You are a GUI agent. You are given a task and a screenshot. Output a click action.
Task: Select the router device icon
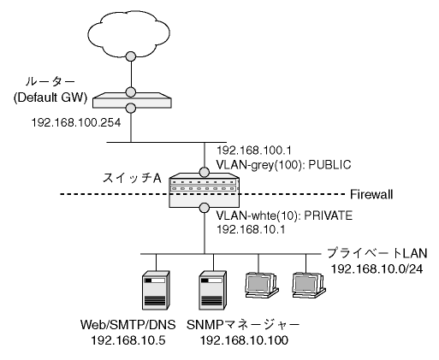pyautogui.click(x=133, y=100)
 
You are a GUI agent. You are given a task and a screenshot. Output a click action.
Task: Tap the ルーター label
pyautogui.click(x=50, y=82)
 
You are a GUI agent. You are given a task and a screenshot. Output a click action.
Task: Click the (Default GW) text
pyautogui.click(x=50, y=97)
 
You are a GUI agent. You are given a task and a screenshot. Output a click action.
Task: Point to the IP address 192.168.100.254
pyautogui.click(x=76, y=122)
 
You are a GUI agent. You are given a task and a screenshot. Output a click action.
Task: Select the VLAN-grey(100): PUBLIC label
pyautogui.click(x=283, y=165)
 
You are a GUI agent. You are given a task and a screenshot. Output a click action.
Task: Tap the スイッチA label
pyautogui.click(x=132, y=179)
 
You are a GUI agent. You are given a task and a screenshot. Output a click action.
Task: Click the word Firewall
pyautogui.click(x=371, y=194)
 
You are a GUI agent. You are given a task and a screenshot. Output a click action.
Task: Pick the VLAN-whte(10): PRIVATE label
pyautogui.click(x=284, y=215)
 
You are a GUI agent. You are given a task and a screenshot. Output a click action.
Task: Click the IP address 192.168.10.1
pyautogui.click(x=251, y=229)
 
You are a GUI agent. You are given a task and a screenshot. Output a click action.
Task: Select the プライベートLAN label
pyautogui.click(x=377, y=253)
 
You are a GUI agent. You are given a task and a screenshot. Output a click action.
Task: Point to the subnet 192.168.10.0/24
pyautogui.click(x=377, y=269)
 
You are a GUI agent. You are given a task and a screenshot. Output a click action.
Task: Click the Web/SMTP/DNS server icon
pyautogui.click(x=156, y=291)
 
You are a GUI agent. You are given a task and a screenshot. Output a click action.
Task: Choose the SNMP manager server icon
pyautogui.click(x=212, y=291)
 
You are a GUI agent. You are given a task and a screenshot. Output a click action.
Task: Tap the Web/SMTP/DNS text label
pyautogui.click(x=128, y=325)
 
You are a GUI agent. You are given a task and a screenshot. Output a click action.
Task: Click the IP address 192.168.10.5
pyautogui.click(x=128, y=340)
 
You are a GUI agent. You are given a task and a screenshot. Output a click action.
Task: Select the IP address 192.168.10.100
pyautogui.click(x=244, y=340)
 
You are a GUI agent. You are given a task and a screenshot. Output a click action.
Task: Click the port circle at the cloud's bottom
pyautogui.click(x=131, y=56)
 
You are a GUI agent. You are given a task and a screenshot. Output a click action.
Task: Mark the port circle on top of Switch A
pyautogui.click(x=205, y=172)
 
